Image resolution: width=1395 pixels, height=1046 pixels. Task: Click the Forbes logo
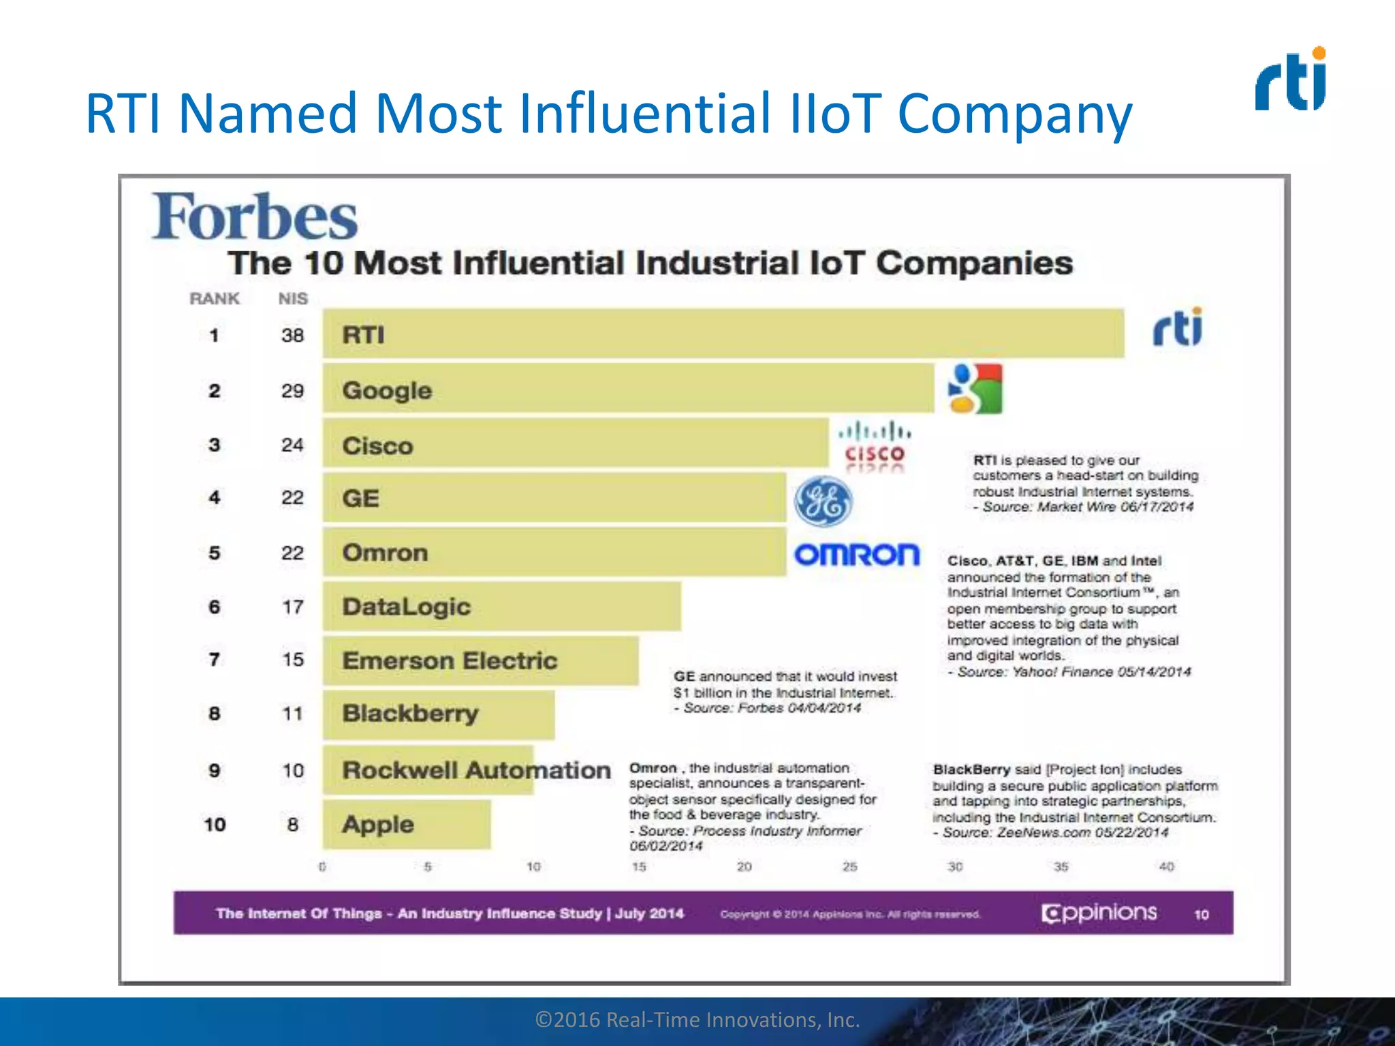(254, 217)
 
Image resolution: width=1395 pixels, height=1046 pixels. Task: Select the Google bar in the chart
(628, 389)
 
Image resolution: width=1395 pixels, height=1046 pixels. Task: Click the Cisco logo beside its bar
(875, 446)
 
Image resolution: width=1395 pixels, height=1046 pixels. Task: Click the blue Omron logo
(856, 554)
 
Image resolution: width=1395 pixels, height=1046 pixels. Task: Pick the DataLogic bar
(501, 606)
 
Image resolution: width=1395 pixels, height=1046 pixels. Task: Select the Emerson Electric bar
(480, 660)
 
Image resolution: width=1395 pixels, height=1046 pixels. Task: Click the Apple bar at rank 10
(407, 824)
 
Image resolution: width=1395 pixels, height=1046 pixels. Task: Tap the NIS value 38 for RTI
(292, 335)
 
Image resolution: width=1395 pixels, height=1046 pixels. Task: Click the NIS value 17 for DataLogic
(292, 606)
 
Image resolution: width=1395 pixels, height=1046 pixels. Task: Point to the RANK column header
(214, 298)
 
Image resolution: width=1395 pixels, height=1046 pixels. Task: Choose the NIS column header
(292, 298)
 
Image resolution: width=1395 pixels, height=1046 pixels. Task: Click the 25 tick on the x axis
(849, 866)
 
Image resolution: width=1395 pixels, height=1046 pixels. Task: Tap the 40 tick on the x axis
(1166, 866)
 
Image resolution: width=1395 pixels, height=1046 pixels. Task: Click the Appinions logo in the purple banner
(1099, 913)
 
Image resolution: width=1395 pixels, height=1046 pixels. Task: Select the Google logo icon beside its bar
(975, 389)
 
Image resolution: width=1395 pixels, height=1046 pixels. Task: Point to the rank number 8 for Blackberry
(214, 713)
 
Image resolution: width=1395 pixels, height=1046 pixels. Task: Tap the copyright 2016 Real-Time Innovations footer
(697, 1019)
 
